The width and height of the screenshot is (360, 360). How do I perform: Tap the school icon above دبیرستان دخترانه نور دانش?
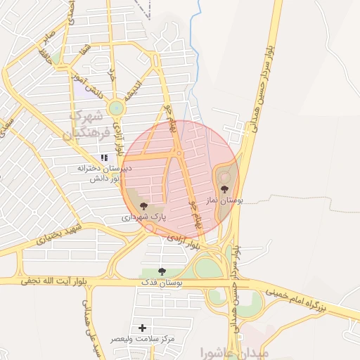tap(104, 158)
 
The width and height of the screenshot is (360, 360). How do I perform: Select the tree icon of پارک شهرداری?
tap(144, 206)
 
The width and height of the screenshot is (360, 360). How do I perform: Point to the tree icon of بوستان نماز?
tap(224, 188)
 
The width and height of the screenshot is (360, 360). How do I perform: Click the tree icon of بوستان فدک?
tap(162, 271)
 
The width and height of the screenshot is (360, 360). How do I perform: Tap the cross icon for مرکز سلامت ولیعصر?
tap(143, 328)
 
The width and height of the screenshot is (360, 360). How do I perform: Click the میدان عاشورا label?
tap(224, 351)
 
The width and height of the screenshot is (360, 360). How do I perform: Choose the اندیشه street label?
tap(134, 87)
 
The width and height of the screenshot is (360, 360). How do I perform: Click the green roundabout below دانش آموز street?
tap(115, 108)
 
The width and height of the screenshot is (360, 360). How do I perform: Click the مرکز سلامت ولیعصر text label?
tap(143, 339)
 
